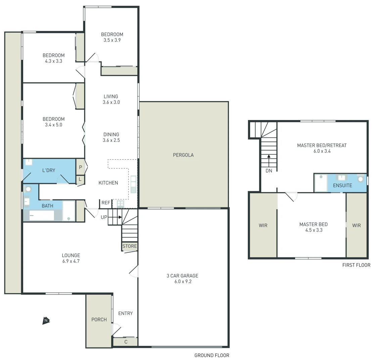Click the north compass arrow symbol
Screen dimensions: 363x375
[46, 321]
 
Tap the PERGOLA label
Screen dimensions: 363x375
[183, 155]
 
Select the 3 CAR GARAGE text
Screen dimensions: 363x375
[182, 276]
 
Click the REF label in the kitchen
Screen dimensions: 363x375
[106, 203]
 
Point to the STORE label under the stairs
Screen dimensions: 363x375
[130, 246]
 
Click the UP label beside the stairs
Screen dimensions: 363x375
[104, 217]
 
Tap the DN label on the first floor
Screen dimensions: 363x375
[269, 170]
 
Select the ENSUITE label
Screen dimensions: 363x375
[342, 186]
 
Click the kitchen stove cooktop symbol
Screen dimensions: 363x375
[120, 203]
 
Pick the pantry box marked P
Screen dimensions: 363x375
[81, 167]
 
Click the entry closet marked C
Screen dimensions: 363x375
[126, 342]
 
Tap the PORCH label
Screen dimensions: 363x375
[99, 319]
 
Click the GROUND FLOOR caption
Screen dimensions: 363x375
[212, 355]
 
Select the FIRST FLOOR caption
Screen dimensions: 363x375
[356, 265]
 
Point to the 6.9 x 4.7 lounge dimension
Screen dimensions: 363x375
[71, 261]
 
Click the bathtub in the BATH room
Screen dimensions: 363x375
[42, 215]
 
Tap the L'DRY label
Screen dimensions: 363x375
[49, 170]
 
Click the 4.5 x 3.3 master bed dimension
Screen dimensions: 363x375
[314, 230]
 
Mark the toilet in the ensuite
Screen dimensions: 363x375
[361, 178]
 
